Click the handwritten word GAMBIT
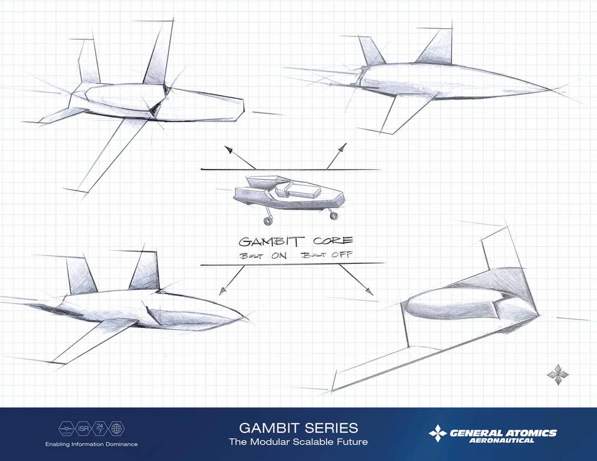[x=271, y=241]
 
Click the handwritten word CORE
[x=333, y=241]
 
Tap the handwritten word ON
[x=279, y=255]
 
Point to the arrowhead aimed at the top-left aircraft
[x=228, y=149]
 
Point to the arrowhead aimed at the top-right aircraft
[x=343, y=147]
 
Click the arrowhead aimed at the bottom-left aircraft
[x=223, y=292]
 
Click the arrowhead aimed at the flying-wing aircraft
[x=369, y=292]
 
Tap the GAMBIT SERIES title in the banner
[x=298, y=428]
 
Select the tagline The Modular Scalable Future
[x=298, y=442]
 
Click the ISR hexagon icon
[x=83, y=428]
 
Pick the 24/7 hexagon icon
[x=100, y=428]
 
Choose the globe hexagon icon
[x=117, y=428]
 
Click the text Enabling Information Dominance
[x=91, y=444]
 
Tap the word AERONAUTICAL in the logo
[x=501, y=441]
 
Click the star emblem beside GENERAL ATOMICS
[x=438, y=433]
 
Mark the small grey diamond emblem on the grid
[x=558, y=374]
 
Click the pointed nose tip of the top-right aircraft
[x=549, y=90]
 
